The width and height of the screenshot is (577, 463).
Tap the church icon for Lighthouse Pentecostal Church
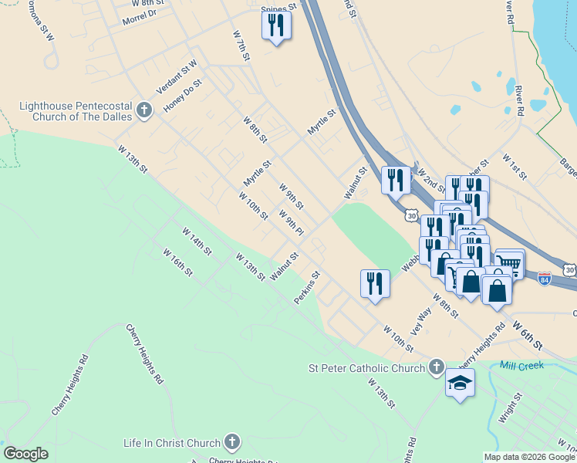tap(143, 111)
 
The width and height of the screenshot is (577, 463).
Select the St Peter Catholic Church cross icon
tap(437, 367)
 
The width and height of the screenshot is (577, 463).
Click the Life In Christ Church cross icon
tap(231, 443)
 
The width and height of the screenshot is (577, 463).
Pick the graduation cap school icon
tap(460, 383)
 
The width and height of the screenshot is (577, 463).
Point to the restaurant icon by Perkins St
tap(375, 282)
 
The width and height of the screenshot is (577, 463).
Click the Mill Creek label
tap(521, 365)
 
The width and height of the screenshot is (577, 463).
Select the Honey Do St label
tap(182, 96)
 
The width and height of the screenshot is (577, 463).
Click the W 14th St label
tap(197, 240)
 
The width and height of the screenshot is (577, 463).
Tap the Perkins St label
tap(306, 287)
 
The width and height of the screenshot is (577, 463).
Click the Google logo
tap(25, 453)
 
